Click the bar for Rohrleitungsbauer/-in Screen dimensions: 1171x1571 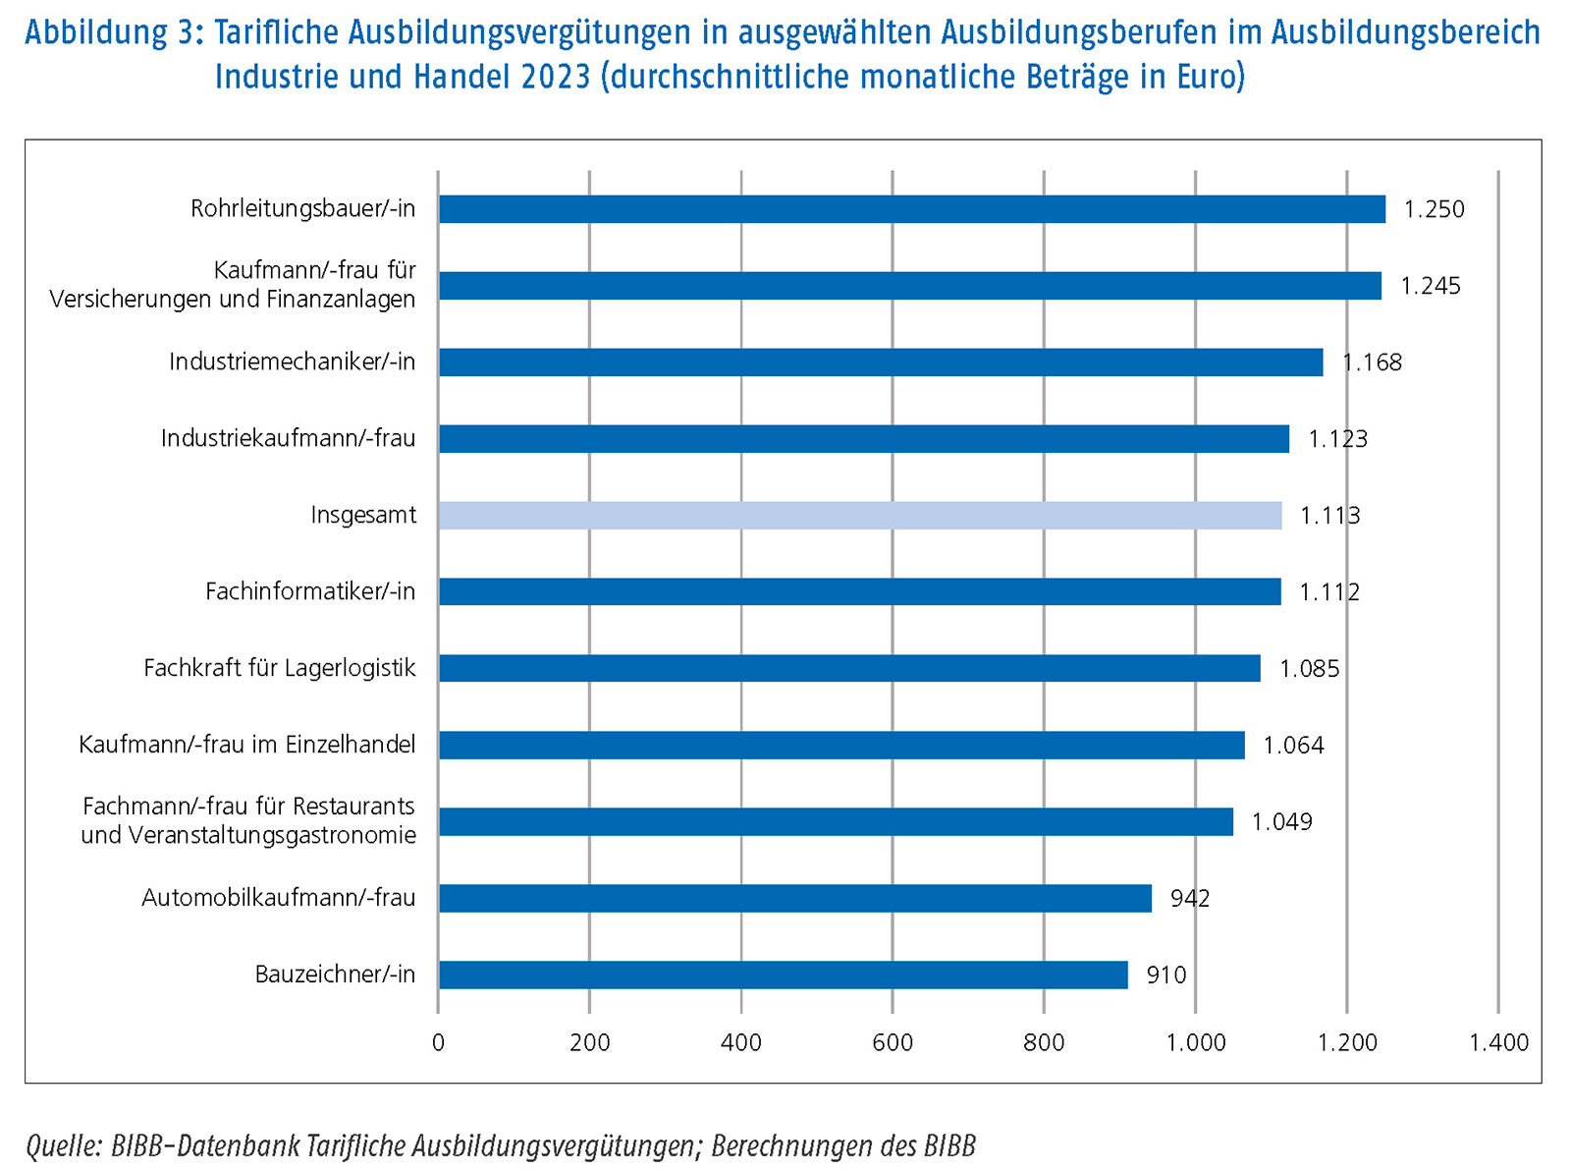coord(911,209)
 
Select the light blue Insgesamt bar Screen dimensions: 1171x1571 coord(859,516)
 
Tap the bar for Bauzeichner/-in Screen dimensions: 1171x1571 coord(783,975)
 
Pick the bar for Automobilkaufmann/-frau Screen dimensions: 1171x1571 coord(794,898)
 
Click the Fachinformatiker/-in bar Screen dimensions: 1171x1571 coord(859,592)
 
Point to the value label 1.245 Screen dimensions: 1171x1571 coord(1430,286)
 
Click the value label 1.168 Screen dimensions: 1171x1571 coord(1372,362)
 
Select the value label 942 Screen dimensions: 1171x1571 coord(1189,898)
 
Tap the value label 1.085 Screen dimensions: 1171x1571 coord(1309,669)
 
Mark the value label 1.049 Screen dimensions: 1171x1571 coord(1281,822)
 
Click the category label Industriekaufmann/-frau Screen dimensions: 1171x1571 coord(288,438)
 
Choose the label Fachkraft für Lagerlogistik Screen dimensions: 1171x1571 coord(279,668)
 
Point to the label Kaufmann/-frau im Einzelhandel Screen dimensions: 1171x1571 coord(246,745)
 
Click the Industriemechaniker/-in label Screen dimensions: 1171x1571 coord(292,362)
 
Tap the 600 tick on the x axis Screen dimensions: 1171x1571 coord(892,1042)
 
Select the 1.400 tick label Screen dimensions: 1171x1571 coord(1498,1042)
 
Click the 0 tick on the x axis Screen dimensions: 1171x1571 coord(438,1042)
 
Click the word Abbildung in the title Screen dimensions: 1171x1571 coord(96,32)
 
